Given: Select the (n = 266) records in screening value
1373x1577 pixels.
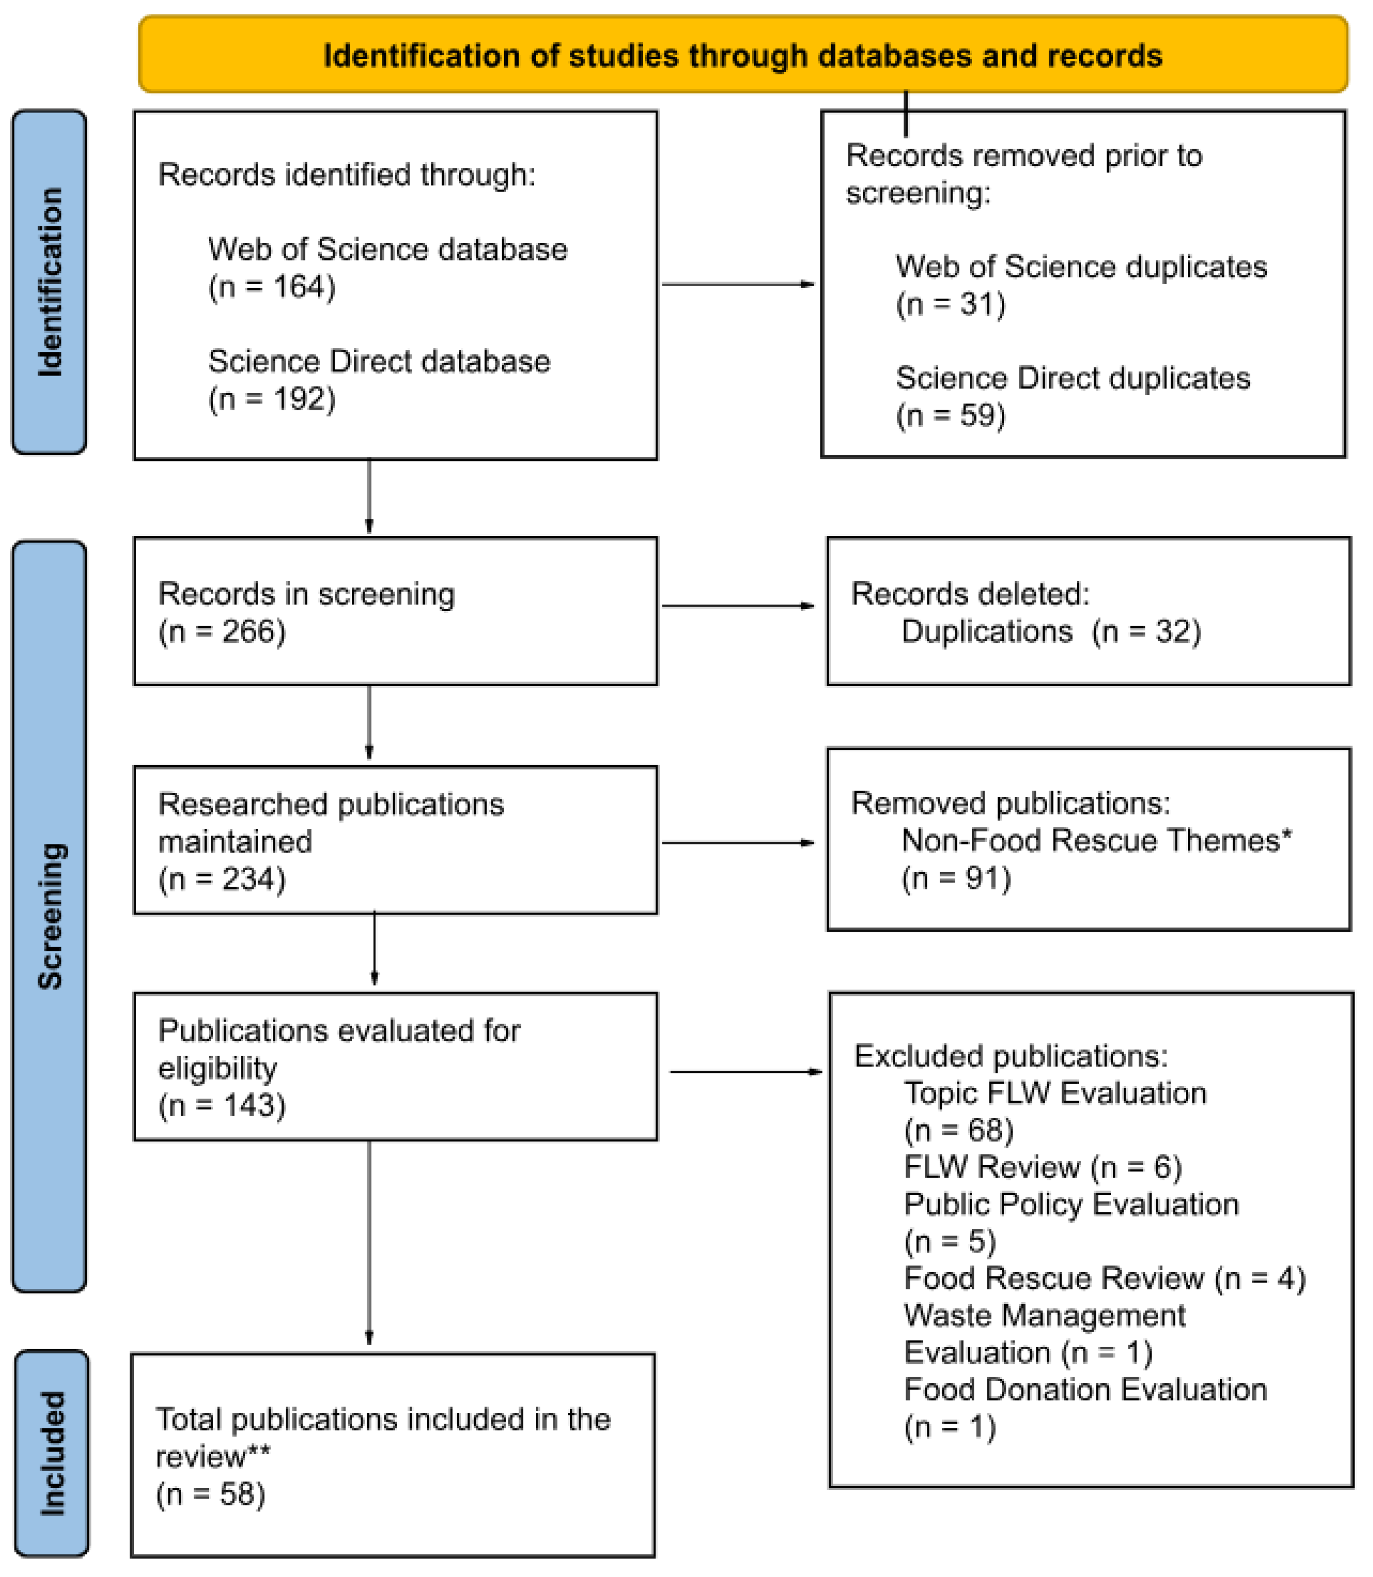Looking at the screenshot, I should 222,632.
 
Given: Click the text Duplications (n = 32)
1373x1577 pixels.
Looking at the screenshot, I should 1050,632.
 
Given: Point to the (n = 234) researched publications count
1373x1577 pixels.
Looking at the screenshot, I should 222,879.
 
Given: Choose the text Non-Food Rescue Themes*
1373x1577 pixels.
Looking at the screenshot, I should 1096,841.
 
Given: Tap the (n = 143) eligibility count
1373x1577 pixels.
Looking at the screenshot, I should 222,1105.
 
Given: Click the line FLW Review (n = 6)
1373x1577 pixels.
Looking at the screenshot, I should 1043,1167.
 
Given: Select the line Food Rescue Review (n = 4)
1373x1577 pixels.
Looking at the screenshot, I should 1104,1278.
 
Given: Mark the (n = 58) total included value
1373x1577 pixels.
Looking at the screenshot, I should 210,1493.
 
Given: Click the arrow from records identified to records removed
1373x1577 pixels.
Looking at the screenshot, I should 737,284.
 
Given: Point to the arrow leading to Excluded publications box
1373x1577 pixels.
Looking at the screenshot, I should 745,1071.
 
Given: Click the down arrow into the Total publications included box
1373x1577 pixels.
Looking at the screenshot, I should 369,1242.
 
